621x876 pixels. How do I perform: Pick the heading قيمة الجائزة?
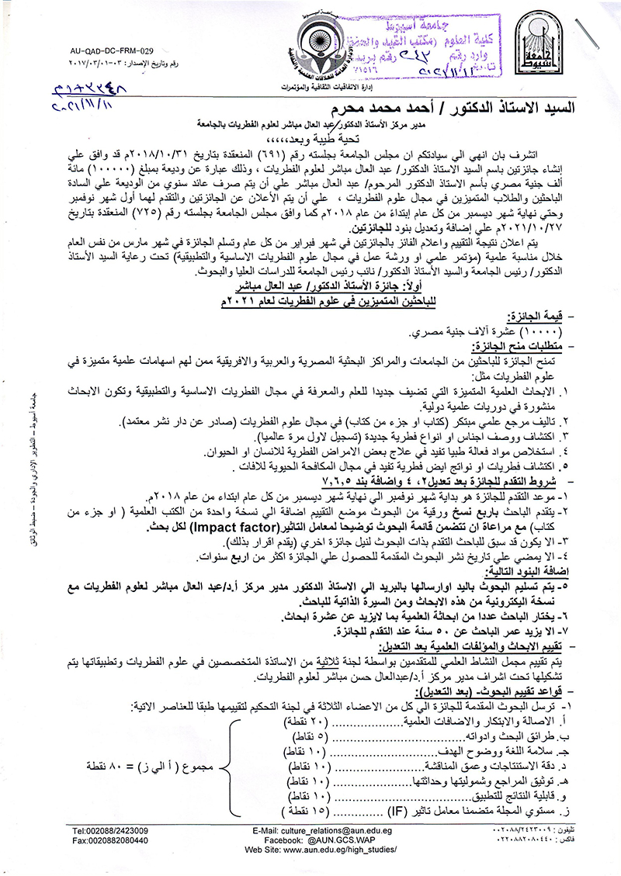pos(538,318)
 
